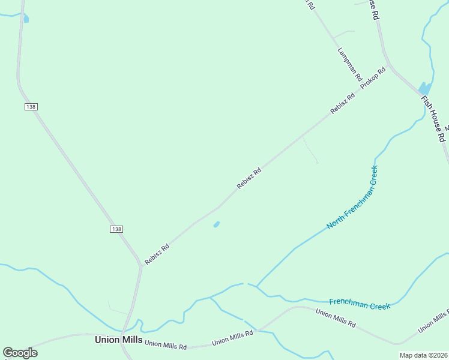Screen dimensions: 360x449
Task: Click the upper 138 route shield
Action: click(31, 107)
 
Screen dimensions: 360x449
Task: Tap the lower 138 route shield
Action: click(116, 229)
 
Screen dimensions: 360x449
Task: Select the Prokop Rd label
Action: click(373, 79)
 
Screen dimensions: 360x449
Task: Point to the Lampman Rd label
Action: click(350, 65)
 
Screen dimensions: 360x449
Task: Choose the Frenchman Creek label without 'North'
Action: click(360, 303)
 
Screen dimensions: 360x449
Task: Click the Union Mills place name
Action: click(119, 340)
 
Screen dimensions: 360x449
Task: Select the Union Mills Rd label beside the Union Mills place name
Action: click(166, 345)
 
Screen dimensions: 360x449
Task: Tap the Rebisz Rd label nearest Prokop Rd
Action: click(339, 106)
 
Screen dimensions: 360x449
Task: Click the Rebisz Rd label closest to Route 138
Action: click(157, 254)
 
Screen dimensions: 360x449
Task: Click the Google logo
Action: click(20, 353)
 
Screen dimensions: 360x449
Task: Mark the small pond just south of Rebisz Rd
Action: click(216, 224)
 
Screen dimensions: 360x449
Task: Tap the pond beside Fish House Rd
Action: click(424, 88)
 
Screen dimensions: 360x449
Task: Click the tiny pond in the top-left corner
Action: click(26, 19)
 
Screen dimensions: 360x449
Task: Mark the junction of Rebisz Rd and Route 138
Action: click(140, 265)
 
